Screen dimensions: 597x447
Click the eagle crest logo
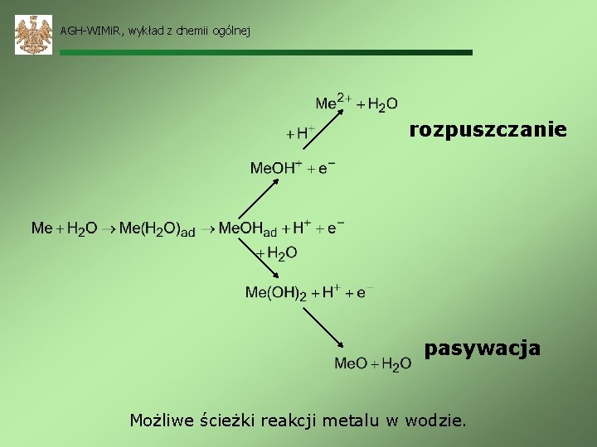tap(33, 35)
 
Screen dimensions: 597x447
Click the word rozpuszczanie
tap(488, 130)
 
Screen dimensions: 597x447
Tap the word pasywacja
tap(482, 348)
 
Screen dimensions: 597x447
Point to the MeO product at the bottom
tap(351, 363)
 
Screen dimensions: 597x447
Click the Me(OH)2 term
tap(275, 292)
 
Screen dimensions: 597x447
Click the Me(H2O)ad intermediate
tap(157, 228)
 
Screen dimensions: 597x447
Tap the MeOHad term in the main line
tap(247, 228)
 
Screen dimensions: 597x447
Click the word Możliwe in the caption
tap(163, 421)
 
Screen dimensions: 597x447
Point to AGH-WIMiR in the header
tap(90, 31)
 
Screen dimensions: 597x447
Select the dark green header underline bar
tap(265, 52)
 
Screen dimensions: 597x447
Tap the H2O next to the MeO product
tap(396, 364)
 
